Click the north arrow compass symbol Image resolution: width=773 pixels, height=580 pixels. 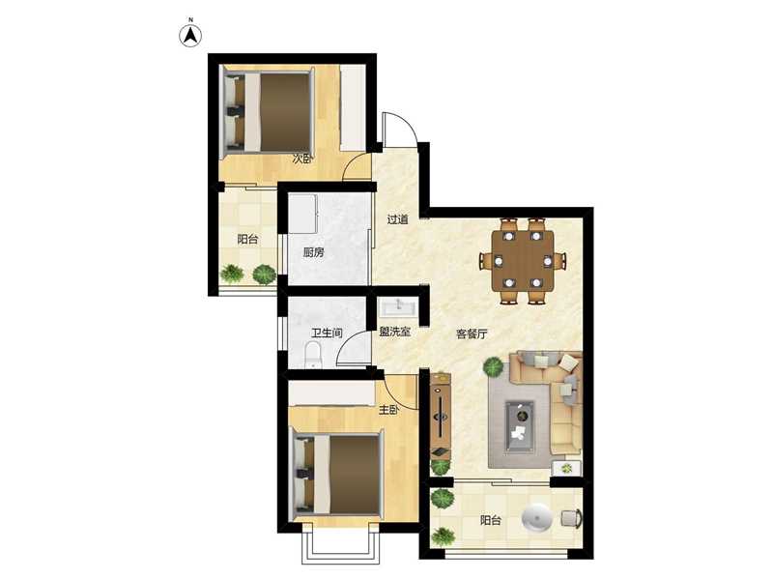click(x=190, y=35)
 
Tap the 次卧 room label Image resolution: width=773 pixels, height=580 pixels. click(x=302, y=159)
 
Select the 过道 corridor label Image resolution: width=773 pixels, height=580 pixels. click(x=397, y=219)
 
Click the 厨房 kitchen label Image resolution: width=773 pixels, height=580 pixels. click(x=313, y=252)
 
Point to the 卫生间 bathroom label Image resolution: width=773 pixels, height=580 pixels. click(x=327, y=333)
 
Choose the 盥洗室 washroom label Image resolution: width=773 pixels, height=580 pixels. click(x=395, y=332)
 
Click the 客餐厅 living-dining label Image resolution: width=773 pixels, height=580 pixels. click(x=472, y=333)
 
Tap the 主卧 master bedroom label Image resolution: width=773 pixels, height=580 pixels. click(x=388, y=409)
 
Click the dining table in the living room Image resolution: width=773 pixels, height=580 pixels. click(x=523, y=260)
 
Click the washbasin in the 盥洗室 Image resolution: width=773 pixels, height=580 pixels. click(x=398, y=308)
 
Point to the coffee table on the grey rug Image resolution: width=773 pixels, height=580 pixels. click(x=520, y=426)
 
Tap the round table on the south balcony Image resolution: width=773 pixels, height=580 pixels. click(x=537, y=518)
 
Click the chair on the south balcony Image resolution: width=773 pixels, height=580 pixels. click(x=571, y=518)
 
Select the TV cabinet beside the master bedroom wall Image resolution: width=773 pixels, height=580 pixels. click(x=441, y=416)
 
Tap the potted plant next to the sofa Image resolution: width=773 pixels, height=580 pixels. click(x=494, y=367)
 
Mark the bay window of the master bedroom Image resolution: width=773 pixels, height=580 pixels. click(x=340, y=547)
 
